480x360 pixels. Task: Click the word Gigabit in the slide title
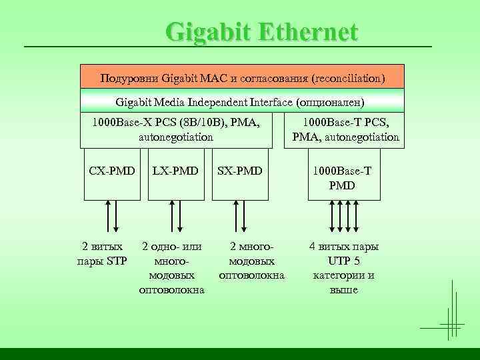tap(207, 31)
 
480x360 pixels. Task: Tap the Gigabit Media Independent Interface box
tap(242, 101)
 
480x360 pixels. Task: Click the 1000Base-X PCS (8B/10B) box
tap(176, 130)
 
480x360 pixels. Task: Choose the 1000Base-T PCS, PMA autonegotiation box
tap(345, 130)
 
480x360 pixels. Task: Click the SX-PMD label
tap(240, 171)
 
